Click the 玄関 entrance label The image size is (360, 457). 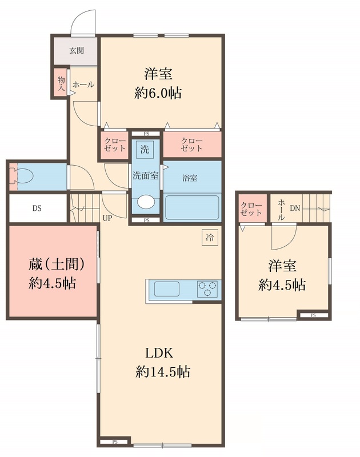coord(77,50)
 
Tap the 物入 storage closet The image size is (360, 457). coord(61,83)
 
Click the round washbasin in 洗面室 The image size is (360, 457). coord(146,202)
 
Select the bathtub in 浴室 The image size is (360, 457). coord(191,208)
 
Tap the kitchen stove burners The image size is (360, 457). coord(209,289)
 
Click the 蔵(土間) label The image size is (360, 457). coord(57,264)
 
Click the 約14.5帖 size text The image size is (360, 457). coord(163,372)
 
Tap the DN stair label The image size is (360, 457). coord(294,209)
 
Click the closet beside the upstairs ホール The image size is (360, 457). coord(251,209)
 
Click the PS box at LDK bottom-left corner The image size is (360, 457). coord(115,442)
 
